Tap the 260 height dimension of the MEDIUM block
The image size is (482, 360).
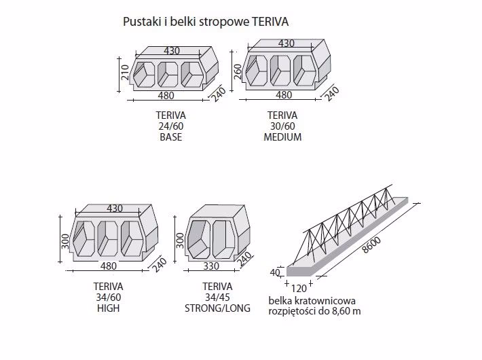click(238, 72)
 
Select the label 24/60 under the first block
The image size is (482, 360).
click(170, 126)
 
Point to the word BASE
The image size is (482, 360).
click(170, 137)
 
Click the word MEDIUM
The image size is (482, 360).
click(282, 137)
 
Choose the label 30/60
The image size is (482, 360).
click(282, 126)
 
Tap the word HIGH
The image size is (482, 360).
click(108, 308)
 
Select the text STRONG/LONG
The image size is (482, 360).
click(217, 308)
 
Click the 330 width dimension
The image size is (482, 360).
click(210, 266)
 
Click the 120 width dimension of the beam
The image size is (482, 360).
click(299, 288)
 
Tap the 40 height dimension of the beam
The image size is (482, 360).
click(274, 272)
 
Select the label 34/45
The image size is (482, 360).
click(217, 297)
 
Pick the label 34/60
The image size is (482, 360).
click(108, 297)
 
